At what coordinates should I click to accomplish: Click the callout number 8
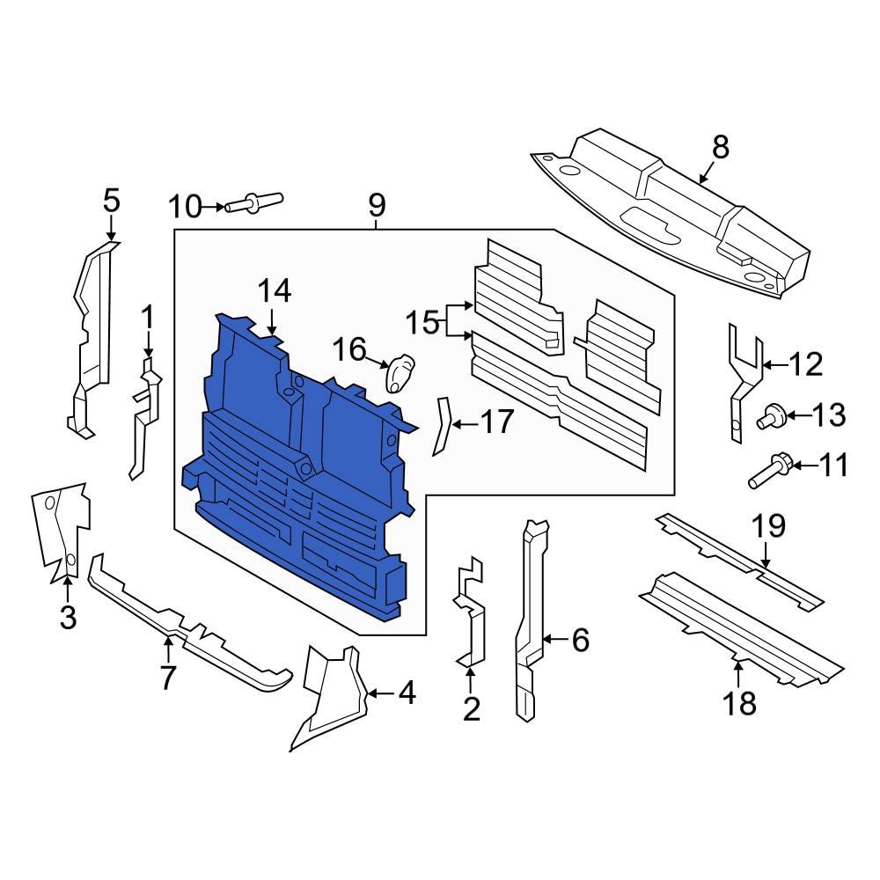[721, 147]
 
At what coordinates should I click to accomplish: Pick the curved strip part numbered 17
[441, 426]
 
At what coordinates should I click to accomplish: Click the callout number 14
[274, 290]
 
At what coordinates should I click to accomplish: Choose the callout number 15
[422, 322]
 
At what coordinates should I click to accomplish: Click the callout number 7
[167, 677]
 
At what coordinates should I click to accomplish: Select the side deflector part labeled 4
[330, 695]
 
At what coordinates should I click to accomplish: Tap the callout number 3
[68, 617]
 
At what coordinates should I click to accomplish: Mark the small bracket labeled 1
[145, 414]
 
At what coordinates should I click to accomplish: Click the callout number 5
[111, 201]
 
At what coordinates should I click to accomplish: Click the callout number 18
[739, 703]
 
